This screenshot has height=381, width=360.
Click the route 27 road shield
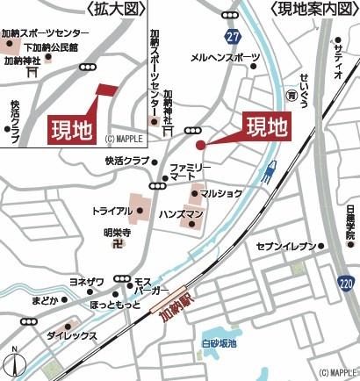pos(231,37)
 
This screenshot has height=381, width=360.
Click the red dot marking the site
pos(200,145)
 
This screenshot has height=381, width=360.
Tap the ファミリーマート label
pos(191,171)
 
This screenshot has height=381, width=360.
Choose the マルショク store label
pos(220,193)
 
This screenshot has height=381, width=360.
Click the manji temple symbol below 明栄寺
pos(117,245)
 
